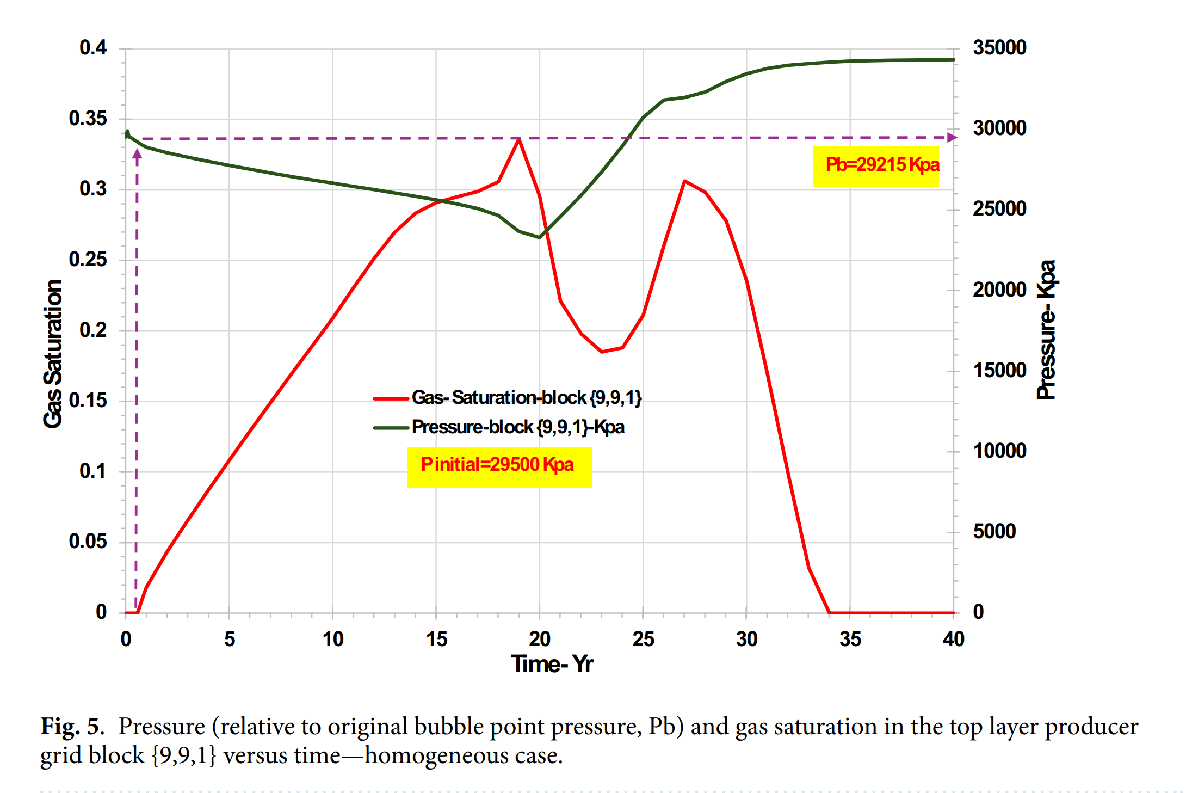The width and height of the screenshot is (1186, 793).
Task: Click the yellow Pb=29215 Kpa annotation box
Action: pyautogui.click(x=876, y=165)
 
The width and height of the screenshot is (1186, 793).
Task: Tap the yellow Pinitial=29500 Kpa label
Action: pyautogui.click(x=499, y=466)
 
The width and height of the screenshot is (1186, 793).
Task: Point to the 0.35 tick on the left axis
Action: pyautogui.click(x=88, y=119)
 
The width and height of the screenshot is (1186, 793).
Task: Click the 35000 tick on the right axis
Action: pyautogui.click(x=999, y=48)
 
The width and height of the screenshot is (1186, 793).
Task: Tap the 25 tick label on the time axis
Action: pyautogui.click(x=643, y=639)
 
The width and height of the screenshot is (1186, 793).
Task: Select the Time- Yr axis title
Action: pyautogui.click(x=552, y=664)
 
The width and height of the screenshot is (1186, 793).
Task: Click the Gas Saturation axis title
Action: pyautogui.click(x=53, y=354)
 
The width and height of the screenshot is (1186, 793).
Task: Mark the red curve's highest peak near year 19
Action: pyautogui.click(x=519, y=139)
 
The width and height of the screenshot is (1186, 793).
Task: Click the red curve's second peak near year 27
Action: pyautogui.click(x=684, y=181)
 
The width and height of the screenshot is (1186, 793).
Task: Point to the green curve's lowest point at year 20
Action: pyautogui.click(x=539, y=237)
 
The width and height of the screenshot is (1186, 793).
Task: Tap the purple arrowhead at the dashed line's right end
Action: pyautogui.click(x=952, y=137)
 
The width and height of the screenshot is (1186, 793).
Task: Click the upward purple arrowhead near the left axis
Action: pyautogui.click(x=137, y=154)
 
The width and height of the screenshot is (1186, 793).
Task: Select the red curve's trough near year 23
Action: pyautogui.click(x=602, y=352)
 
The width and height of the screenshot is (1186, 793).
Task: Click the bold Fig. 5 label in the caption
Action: pyautogui.click(x=70, y=727)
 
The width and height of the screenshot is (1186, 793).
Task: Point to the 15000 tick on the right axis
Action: pyautogui.click(x=999, y=371)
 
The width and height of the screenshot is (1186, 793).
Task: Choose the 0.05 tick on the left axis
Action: pyautogui.click(x=88, y=542)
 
